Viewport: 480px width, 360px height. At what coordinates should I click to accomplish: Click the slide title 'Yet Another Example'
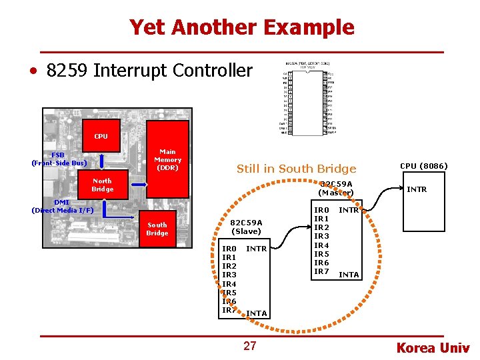(x=241, y=27)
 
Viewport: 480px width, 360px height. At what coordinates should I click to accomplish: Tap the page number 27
(x=250, y=345)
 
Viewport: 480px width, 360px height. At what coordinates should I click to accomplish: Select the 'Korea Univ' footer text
(x=433, y=347)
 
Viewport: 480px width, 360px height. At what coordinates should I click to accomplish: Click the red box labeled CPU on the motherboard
(x=101, y=136)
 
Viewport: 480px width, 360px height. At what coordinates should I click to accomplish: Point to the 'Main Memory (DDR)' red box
(x=167, y=159)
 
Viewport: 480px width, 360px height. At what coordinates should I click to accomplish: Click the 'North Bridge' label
(x=102, y=185)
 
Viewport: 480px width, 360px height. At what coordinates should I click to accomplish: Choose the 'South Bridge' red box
(x=157, y=229)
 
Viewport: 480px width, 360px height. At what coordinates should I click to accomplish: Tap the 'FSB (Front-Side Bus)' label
(x=59, y=159)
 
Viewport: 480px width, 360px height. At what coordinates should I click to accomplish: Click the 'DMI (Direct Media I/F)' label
(x=63, y=206)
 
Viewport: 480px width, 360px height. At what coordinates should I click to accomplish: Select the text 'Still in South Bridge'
(x=296, y=169)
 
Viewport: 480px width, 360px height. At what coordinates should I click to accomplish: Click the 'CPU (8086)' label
(x=423, y=166)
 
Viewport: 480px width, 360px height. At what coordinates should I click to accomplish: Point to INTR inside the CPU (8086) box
(x=417, y=190)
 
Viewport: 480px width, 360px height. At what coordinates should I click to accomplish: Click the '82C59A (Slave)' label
(x=246, y=227)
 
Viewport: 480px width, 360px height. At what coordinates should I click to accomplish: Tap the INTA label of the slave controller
(x=257, y=313)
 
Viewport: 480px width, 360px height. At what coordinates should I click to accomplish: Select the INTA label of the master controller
(x=349, y=275)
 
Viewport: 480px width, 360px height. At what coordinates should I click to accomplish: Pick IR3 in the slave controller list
(x=229, y=275)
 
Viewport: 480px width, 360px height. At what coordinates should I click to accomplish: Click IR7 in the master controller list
(x=321, y=271)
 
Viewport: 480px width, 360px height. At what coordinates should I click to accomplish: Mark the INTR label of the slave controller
(x=257, y=249)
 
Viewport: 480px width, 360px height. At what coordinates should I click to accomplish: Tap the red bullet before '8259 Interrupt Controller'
(x=32, y=71)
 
